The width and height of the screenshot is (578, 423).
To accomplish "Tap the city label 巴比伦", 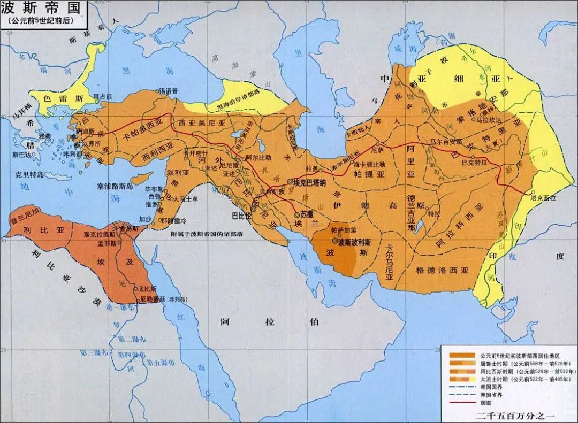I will [x=241, y=216].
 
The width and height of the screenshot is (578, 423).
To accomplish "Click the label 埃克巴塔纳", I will [x=316, y=182].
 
